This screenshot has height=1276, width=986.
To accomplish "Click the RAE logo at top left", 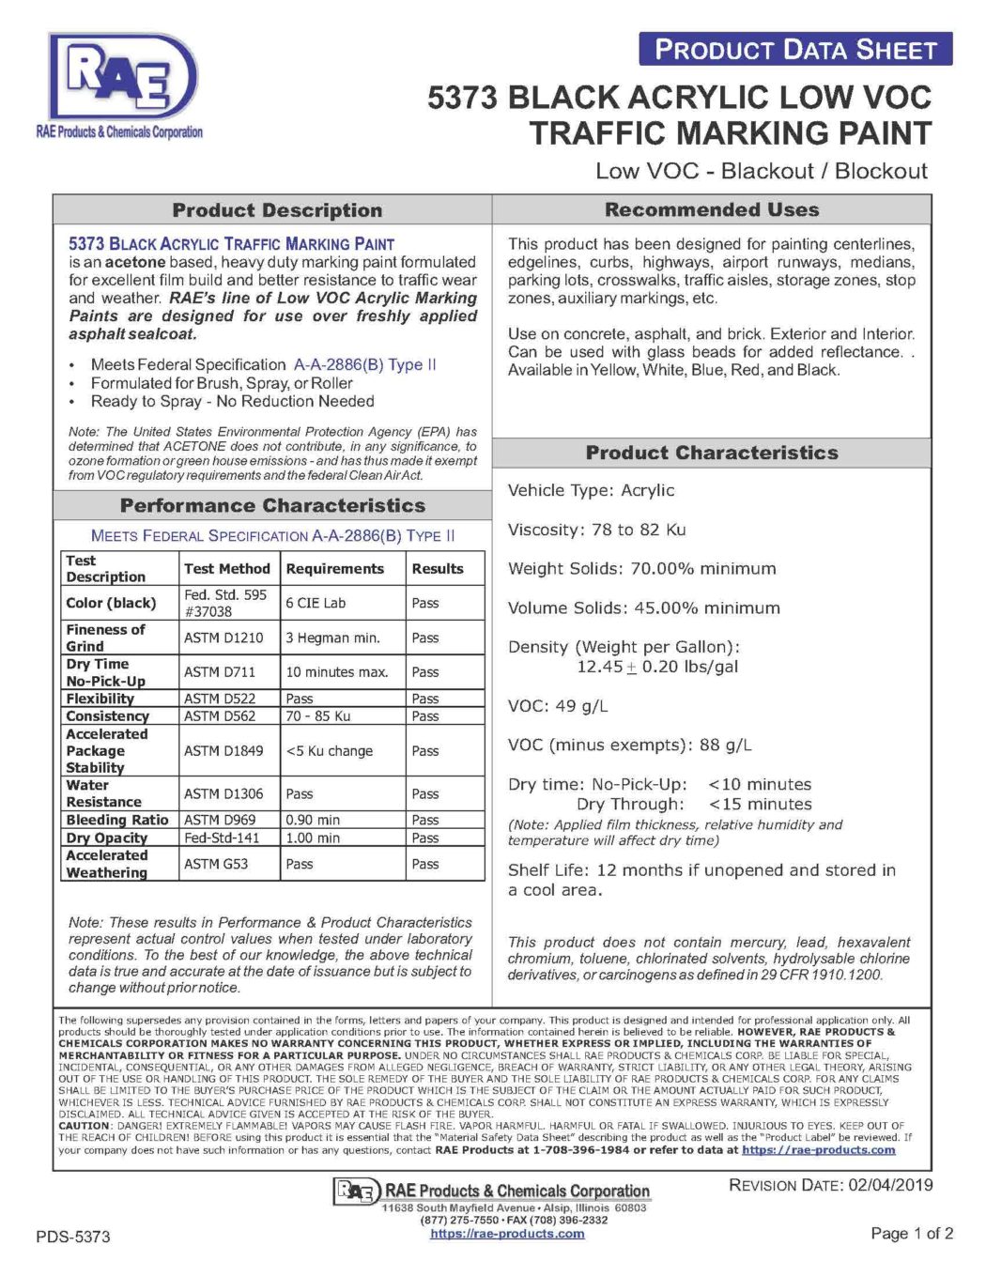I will pos(120,85).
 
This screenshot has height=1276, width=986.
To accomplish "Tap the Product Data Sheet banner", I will pos(795,50).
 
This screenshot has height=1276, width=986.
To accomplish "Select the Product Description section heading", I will pos(277,210).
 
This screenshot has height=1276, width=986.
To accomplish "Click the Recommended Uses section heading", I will pos(712,209).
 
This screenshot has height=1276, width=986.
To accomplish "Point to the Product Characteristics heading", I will pos(712,453).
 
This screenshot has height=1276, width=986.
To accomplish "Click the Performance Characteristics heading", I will pos(272,505).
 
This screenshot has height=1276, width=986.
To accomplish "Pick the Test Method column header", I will pos(227,568).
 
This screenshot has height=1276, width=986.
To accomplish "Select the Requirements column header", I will pos(335,568).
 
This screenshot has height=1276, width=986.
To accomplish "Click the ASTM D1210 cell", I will pos(223,638).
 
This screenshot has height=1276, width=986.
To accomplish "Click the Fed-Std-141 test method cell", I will pos(222,838).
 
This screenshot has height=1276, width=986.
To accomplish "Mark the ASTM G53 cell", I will pos(216,864).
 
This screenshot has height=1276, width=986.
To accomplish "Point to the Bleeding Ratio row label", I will pos(117,820).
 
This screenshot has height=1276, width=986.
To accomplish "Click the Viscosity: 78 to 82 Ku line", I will pos(597,530).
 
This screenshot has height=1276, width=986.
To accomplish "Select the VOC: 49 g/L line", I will pos(558,706).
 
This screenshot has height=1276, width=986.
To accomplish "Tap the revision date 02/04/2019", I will pos(890,1185).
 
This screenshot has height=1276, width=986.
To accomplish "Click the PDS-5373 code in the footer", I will pos(73,1237).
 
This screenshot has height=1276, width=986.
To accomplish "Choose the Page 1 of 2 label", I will pos(912,1233).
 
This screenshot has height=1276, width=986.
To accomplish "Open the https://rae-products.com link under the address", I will pos(507,1234).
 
